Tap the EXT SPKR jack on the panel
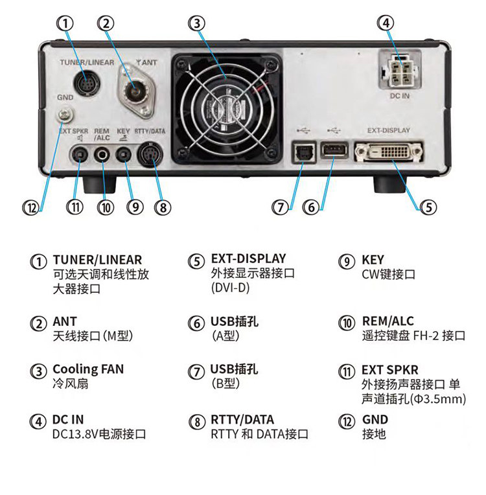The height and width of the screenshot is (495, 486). [x=79, y=155]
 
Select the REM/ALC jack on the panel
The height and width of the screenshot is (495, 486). [x=104, y=155]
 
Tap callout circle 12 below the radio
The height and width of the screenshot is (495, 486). [x=30, y=207]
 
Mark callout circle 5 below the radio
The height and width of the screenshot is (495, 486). [x=428, y=207]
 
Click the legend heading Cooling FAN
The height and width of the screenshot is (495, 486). [x=88, y=369]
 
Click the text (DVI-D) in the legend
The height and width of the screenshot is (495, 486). [x=231, y=288]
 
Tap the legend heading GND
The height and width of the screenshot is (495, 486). [x=375, y=419]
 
